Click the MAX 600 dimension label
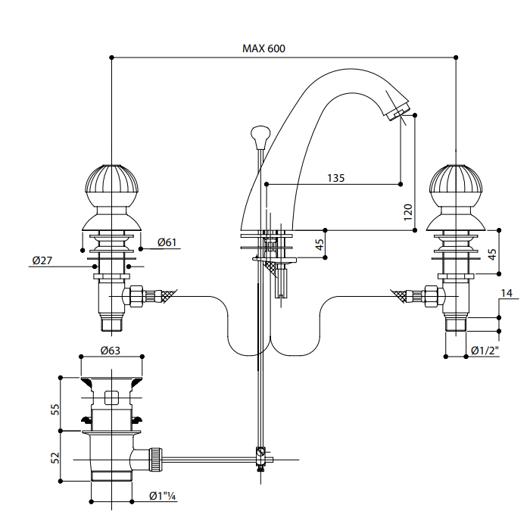point(263,48)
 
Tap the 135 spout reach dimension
point(336,178)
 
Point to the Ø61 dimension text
point(167,242)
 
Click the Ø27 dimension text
point(42,260)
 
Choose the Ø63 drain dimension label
point(111,350)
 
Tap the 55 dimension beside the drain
point(55,409)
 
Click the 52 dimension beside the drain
point(55,457)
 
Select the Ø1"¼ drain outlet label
point(162,496)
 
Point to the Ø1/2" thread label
point(485,351)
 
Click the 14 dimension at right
point(507,292)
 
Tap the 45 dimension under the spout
point(320,245)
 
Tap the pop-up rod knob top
point(260,136)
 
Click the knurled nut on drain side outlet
point(157,458)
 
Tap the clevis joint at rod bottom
point(261,458)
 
